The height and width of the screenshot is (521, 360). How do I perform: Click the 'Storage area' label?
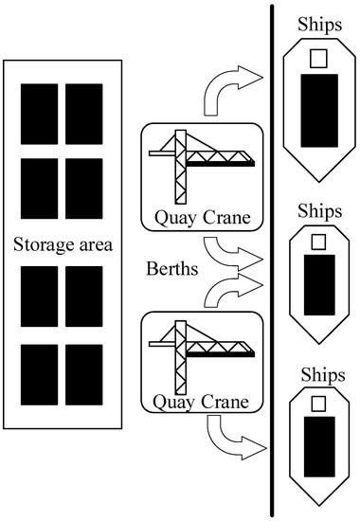[x=63, y=246]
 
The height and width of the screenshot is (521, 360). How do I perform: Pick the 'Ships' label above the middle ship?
[x=318, y=210]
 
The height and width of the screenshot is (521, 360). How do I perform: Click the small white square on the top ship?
[x=319, y=59]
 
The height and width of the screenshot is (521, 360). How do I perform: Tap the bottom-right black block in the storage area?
[x=83, y=375]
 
